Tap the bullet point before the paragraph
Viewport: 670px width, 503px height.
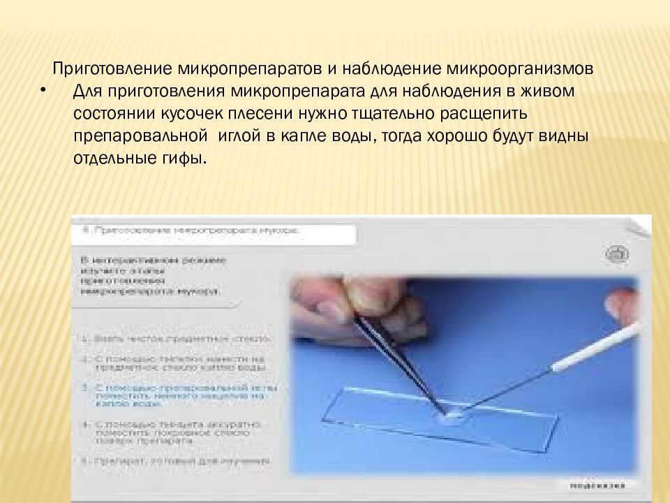pyautogui.click(x=43, y=90)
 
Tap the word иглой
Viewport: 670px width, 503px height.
pyautogui.click(x=241, y=136)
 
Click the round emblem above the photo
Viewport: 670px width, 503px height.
pyautogui.click(x=617, y=254)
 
